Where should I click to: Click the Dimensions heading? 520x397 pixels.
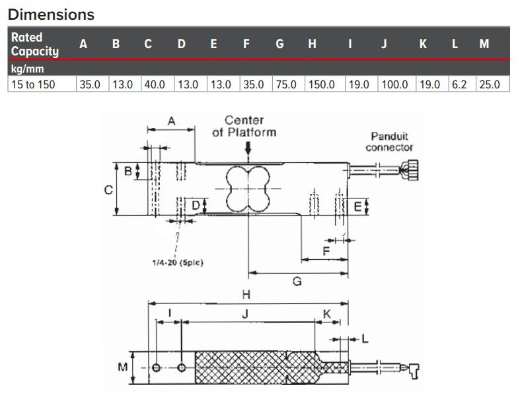click(52, 14)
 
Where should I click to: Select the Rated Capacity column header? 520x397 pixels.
click(35, 44)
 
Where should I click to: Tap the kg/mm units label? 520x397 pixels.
click(26, 69)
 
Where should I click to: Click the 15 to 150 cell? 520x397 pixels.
click(33, 84)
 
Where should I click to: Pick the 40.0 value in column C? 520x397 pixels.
click(155, 84)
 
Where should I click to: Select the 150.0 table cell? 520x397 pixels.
click(322, 84)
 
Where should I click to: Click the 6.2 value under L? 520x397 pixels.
click(459, 84)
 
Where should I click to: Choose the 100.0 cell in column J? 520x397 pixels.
click(394, 84)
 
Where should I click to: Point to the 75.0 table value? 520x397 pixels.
click(286, 84)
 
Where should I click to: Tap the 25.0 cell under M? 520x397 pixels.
click(489, 84)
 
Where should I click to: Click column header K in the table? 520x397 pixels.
click(423, 44)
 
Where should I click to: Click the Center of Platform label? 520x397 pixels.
click(244, 126)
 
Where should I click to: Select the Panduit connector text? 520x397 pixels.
click(390, 142)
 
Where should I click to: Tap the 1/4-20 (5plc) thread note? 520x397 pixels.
click(178, 262)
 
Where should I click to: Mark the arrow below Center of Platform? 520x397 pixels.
click(248, 150)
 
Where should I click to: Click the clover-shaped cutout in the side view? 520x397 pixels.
click(248, 189)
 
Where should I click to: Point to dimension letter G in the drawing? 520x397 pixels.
click(297, 282)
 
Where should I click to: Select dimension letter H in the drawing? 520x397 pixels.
click(246, 294)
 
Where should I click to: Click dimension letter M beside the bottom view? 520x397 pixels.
click(123, 367)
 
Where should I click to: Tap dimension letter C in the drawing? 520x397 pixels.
click(108, 189)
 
